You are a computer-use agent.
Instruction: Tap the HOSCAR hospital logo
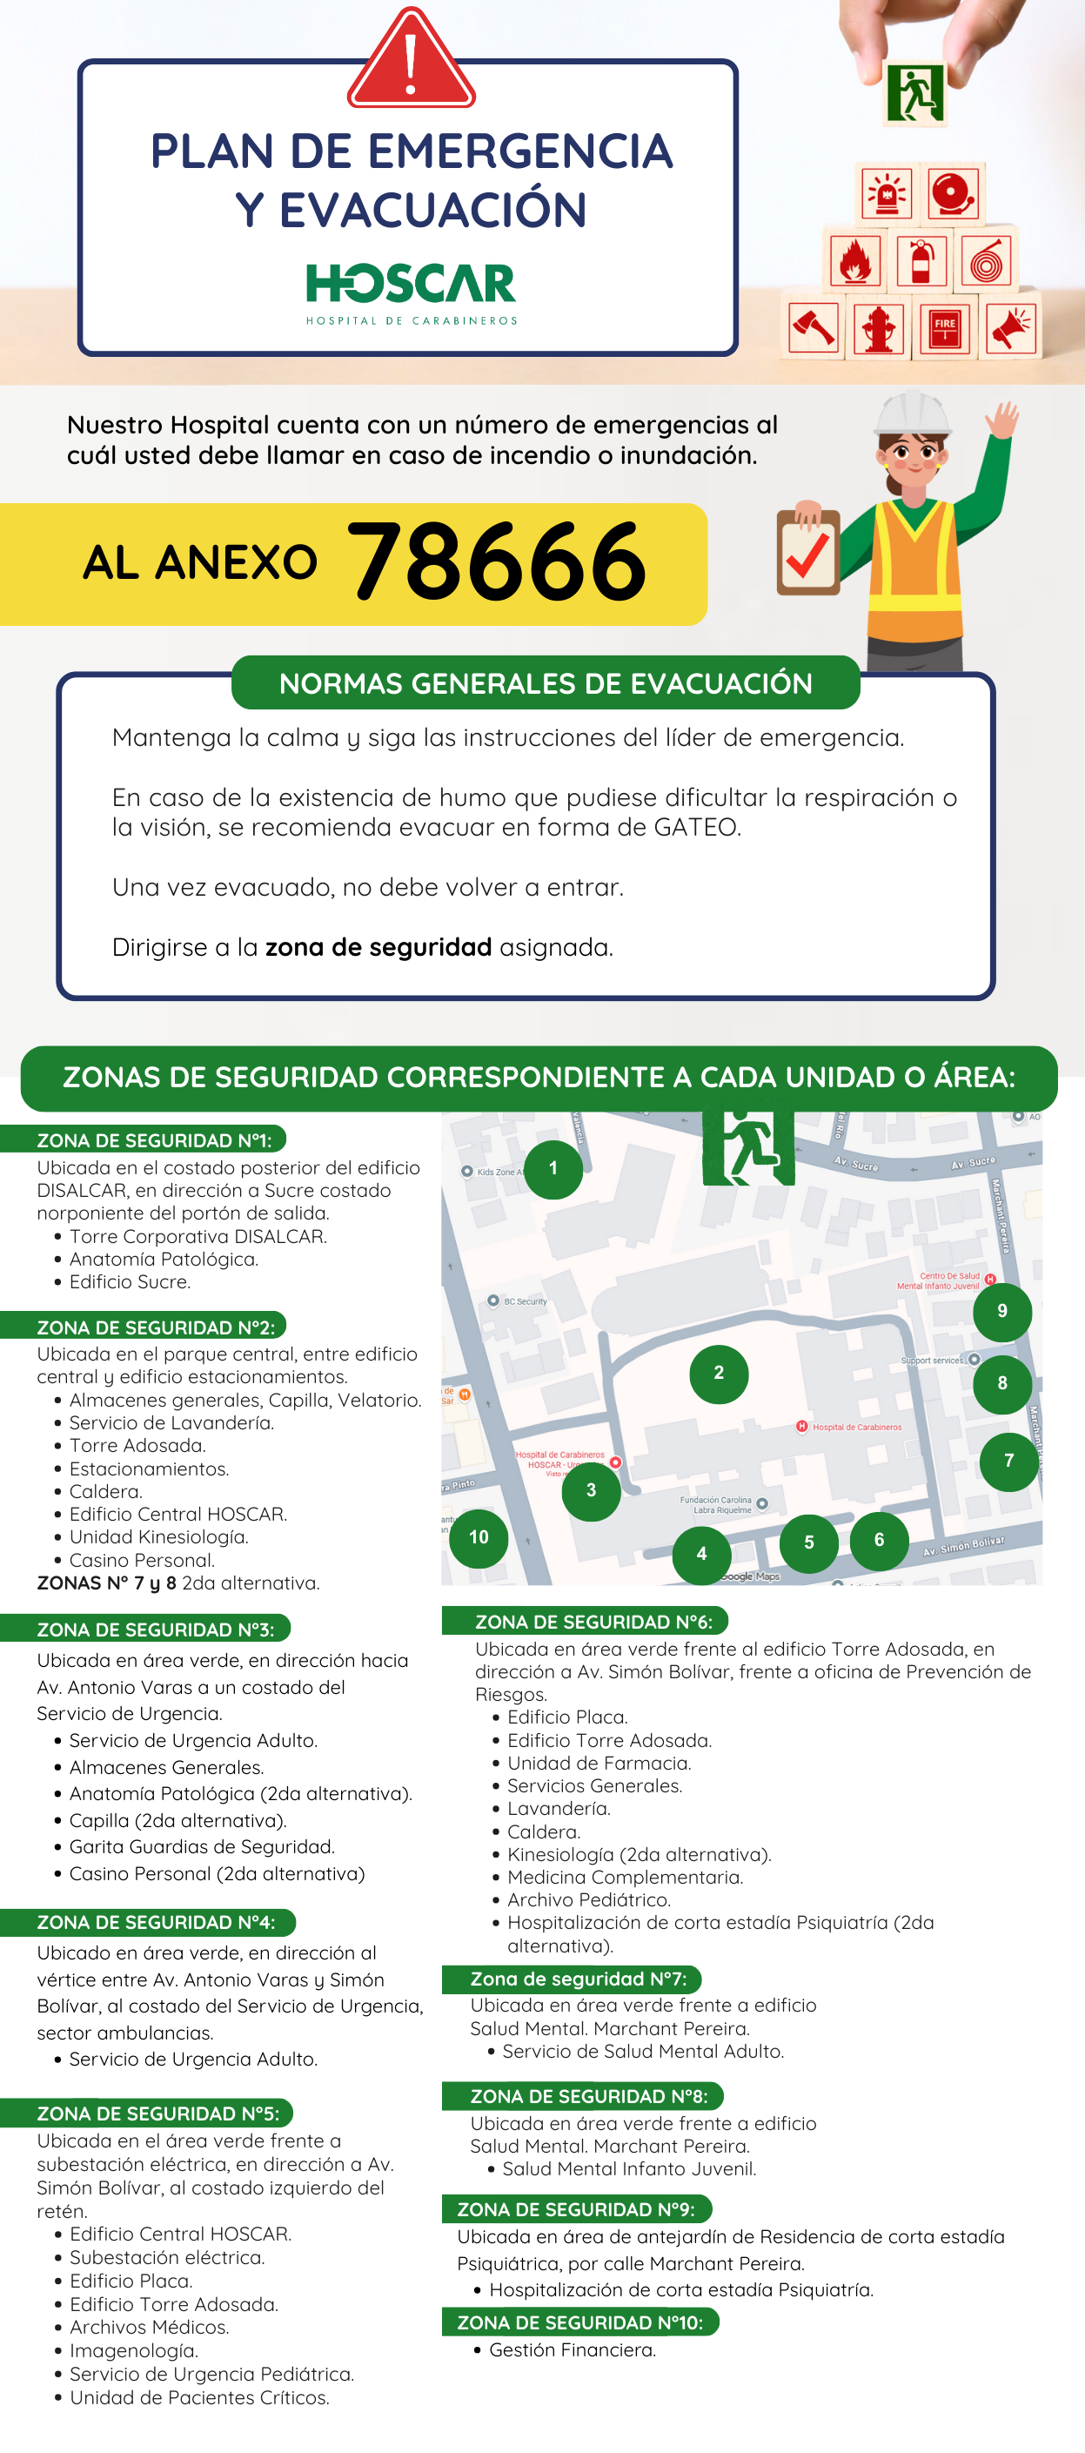(412, 292)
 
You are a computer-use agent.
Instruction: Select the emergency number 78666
(497, 563)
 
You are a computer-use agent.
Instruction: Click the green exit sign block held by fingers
(914, 92)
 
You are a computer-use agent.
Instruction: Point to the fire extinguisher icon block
(921, 261)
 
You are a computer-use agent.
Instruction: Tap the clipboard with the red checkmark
(808, 552)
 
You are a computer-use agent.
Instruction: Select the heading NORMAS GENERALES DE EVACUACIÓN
(546, 682)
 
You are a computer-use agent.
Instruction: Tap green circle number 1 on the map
(553, 1168)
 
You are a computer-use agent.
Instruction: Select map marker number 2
(719, 1372)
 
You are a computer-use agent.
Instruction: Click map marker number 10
(479, 1537)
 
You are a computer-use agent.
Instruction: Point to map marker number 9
(1001, 1311)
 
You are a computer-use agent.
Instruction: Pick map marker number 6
(879, 1539)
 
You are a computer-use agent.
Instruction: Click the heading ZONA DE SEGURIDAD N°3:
(155, 1630)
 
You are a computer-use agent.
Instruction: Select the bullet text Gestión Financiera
(572, 2349)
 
